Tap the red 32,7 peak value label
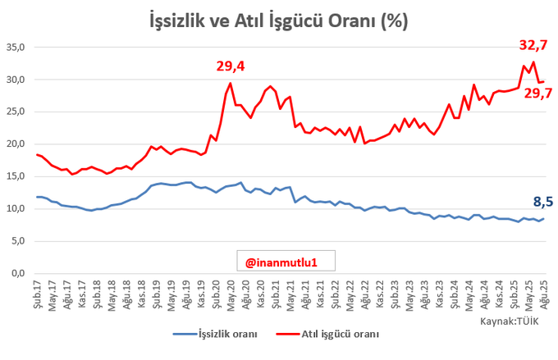tap(533, 46)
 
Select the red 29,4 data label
tap(231, 66)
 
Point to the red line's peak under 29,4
tap(231, 83)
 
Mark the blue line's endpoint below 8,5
tap(542, 218)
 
